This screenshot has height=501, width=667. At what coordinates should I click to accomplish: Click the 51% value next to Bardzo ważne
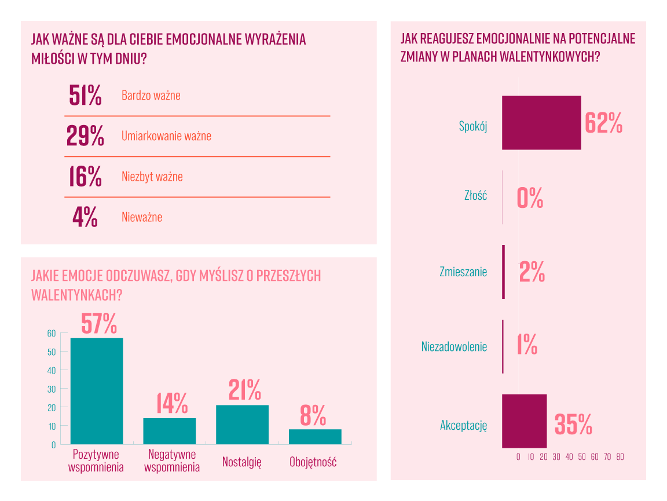pyautogui.click(x=85, y=96)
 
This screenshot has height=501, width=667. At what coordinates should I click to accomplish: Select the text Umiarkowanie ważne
pyautogui.click(x=166, y=136)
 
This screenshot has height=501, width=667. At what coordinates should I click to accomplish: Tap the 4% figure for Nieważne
pyautogui.click(x=85, y=217)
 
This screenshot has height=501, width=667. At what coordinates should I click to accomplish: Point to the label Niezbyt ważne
pyautogui.click(x=152, y=177)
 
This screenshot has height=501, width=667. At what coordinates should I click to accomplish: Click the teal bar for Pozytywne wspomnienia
pyautogui.click(x=97, y=391)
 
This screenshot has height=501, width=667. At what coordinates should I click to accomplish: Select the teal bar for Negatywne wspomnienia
pyautogui.click(x=170, y=431)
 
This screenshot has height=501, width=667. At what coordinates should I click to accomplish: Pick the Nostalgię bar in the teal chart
pyautogui.click(x=242, y=425)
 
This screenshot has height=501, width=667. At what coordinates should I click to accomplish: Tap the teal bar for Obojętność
pyautogui.click(x=315, y=437)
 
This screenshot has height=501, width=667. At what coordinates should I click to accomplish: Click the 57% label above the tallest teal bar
pyautogui.click(x=99, y=323)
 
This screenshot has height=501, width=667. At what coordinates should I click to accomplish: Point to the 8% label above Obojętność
pyautogui.click(x=313, y=415)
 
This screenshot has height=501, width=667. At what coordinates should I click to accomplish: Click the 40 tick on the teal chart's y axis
pyautogui.click(x=51, y=370)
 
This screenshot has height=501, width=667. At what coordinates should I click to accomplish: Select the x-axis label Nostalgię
pyautogui.click(x=242, y=462)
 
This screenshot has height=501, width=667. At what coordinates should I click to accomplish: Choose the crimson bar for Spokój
pyautogui.click(x=541, y=122)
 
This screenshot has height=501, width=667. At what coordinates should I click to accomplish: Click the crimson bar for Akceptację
pyautogui.click(x=524, y=421)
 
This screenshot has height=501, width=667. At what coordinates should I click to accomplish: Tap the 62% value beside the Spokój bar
pyautogui.click(x=603, y=122)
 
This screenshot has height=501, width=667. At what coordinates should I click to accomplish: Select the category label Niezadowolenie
pyautogui.click(x=454, y=347)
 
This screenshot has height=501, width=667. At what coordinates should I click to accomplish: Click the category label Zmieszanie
pyautogui.click(x=463, y=272)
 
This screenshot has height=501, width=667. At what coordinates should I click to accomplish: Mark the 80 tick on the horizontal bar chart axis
pyautogui.click(x=620, y=457)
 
